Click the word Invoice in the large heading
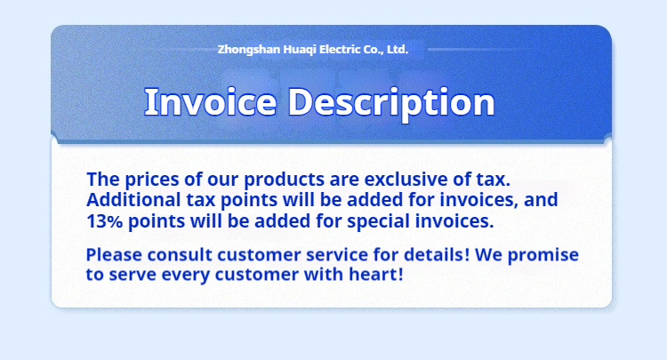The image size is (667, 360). point(211,101)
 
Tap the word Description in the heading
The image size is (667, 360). point(391,104)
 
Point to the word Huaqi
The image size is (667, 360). point(300,50)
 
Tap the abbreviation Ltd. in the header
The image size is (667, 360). point(398,49)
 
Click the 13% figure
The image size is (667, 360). point(104,221)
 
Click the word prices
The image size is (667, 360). point(152,180)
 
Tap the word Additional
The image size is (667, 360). point(133,200)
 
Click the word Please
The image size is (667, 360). point(114,255)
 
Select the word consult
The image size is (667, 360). point(180,255)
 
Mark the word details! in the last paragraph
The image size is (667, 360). point(437,255)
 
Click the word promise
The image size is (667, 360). point(543,256)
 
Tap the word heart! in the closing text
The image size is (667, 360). point(376,274)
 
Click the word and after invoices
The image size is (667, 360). point(541,200)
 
